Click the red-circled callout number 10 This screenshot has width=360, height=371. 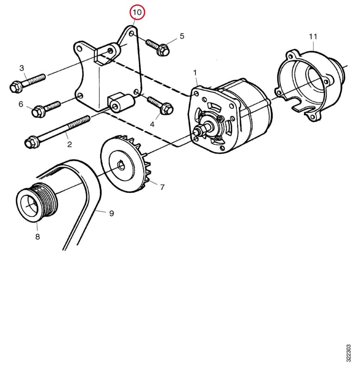tap(137, 12)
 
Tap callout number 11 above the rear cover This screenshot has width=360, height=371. tap(313, 37)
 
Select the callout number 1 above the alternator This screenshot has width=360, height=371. tap(195, 73)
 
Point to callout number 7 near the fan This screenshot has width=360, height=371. tap(162, 187)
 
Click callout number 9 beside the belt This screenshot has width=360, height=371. tap(112, 213)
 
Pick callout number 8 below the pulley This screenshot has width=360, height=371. tap(38, 237)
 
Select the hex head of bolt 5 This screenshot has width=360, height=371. tap(163, 50)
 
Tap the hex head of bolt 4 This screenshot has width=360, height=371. tap(167, 109)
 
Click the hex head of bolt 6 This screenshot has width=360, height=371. tap(38, 112)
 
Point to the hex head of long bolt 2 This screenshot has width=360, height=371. tap(31, 142)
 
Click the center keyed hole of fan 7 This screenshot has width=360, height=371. tap(121, 165)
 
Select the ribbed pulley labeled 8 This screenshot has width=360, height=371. tap(37, 202)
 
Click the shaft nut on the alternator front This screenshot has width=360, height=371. tap(198, 131)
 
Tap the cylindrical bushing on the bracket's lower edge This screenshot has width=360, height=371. tap(121, 104)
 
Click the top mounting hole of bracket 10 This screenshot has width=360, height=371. tap(132, 34)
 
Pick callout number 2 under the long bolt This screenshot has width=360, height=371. tap(69, 144)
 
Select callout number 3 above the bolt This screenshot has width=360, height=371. tap(22, 68)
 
